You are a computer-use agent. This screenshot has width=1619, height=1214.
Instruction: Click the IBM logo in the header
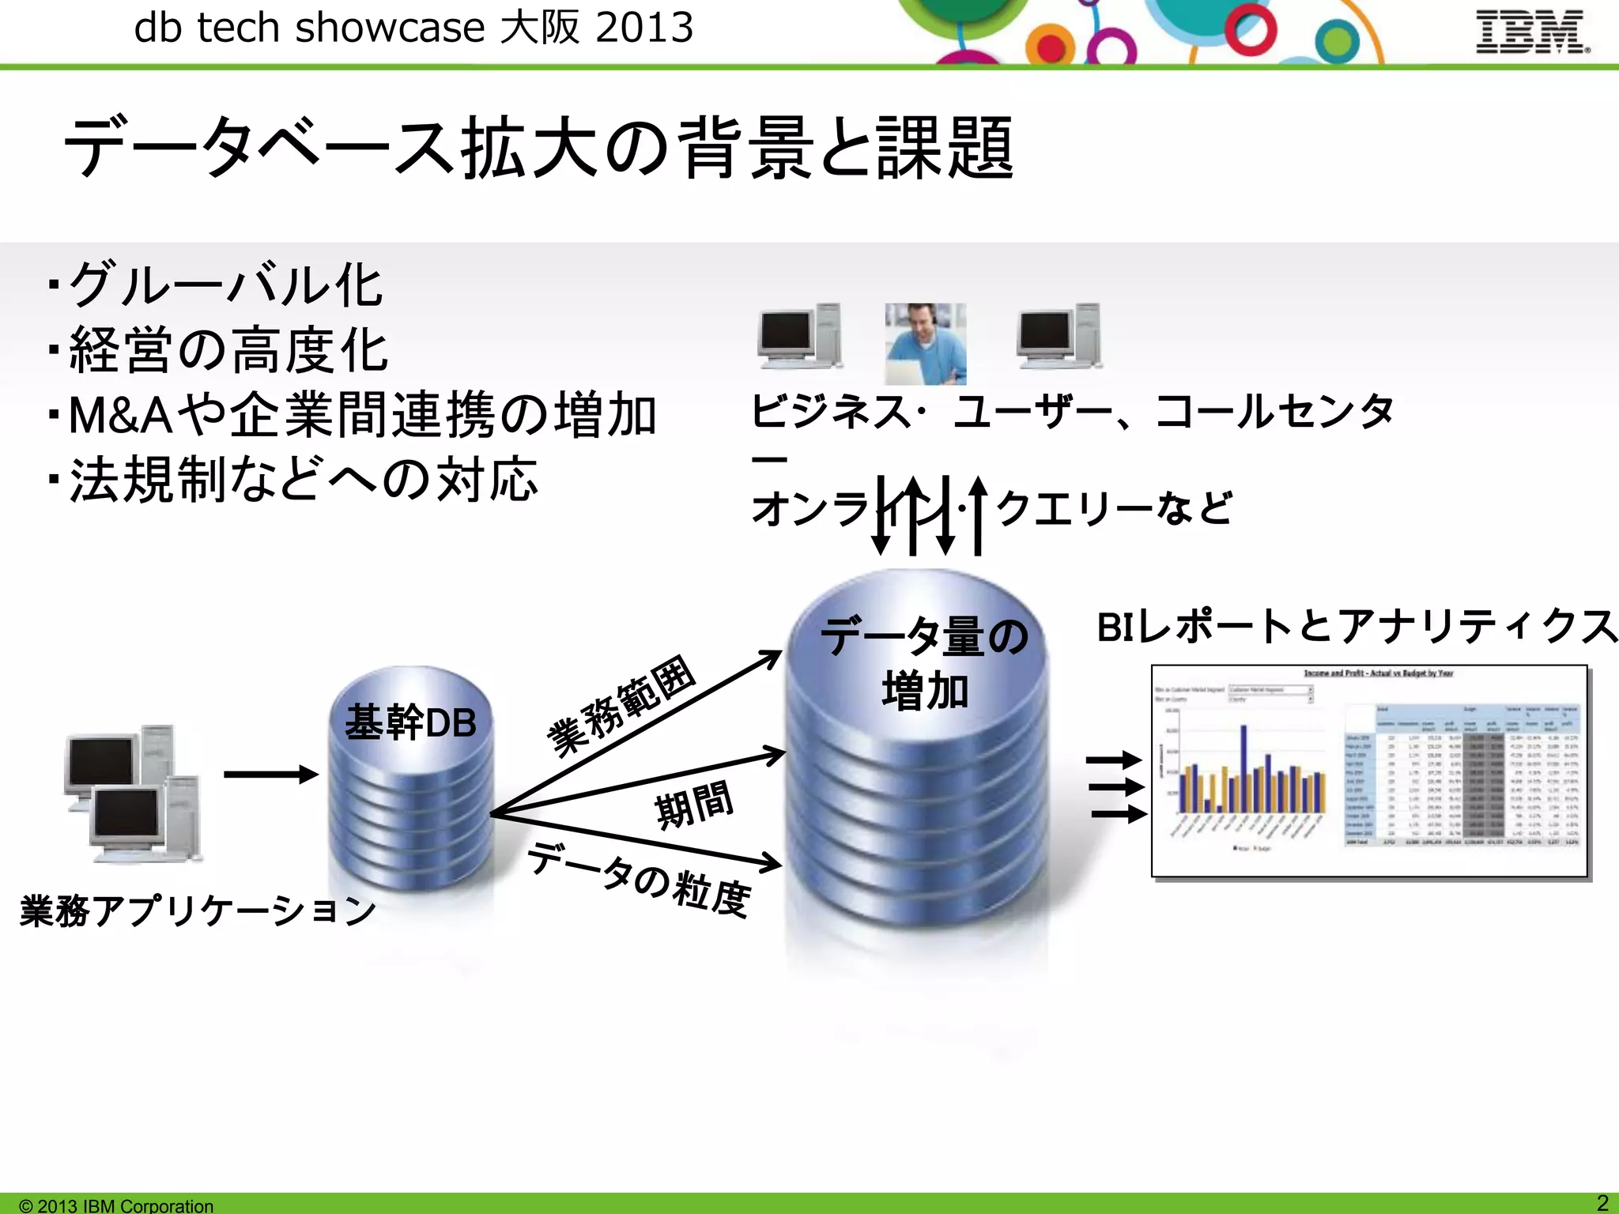1532,32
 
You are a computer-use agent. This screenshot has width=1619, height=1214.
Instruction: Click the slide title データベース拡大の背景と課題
538,148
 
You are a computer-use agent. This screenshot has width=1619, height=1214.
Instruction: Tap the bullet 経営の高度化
228,349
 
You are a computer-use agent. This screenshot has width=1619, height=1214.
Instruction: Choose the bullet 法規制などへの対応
304,479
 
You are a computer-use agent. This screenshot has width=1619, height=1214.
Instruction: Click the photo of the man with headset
925,344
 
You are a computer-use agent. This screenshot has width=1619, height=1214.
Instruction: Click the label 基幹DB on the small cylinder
410,722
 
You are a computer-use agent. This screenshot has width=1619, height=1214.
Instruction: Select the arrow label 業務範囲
621,705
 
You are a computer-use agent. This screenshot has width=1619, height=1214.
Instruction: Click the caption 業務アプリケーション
198,910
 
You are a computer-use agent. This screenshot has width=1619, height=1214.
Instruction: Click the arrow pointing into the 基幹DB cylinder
270,774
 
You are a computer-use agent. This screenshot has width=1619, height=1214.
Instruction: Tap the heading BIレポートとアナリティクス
1357,626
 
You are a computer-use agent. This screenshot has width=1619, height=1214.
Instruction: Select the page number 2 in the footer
1602,1203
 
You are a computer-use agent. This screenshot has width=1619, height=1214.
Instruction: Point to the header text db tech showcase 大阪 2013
413,28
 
